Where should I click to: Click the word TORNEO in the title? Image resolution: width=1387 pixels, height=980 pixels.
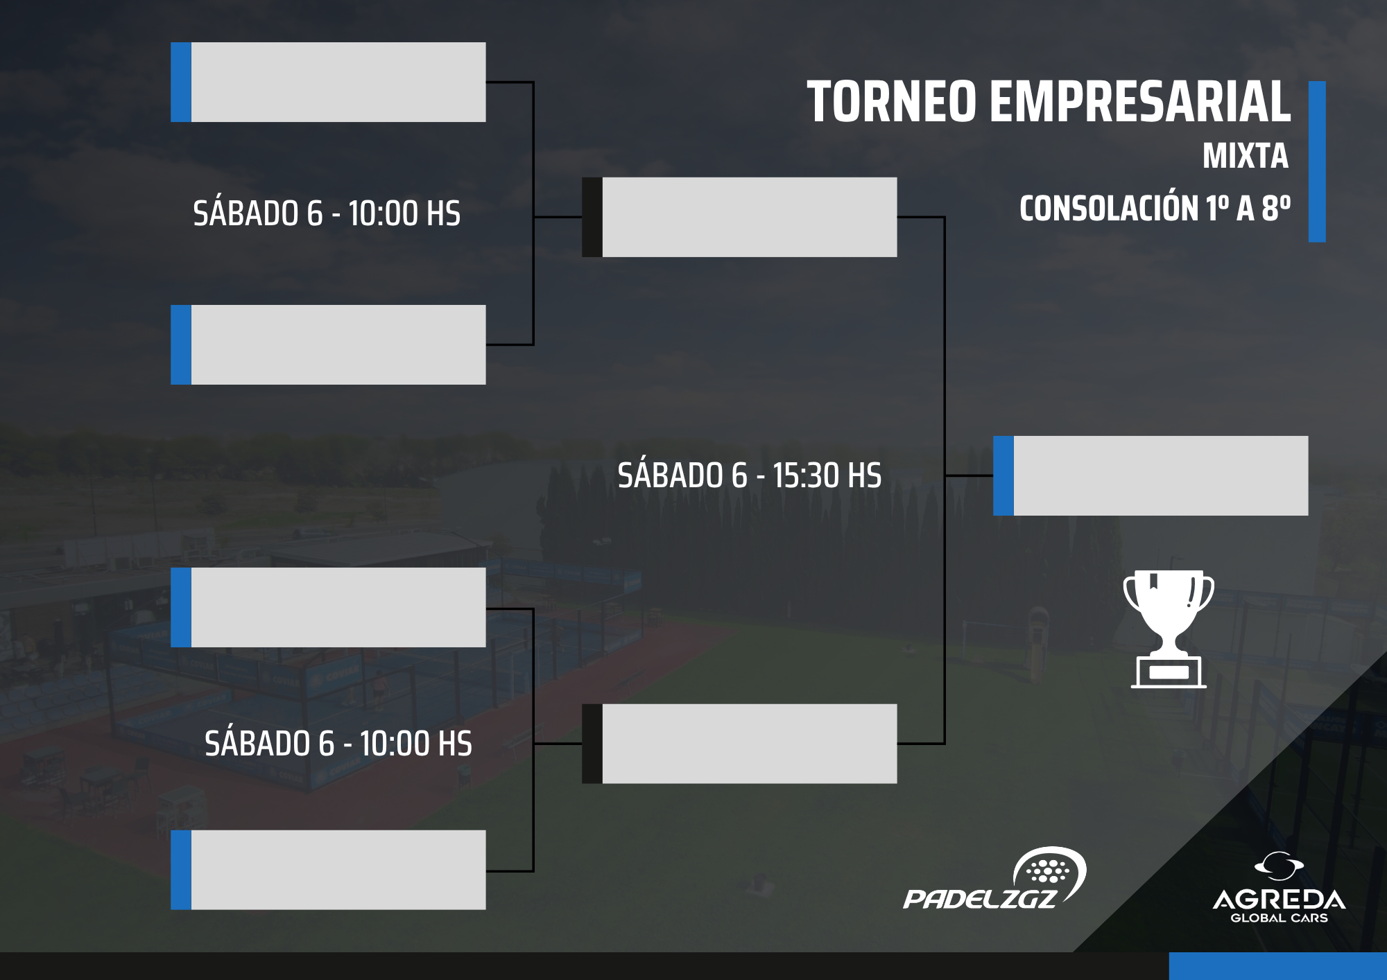[892, 102]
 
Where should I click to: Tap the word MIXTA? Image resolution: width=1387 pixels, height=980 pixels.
[1246, 156]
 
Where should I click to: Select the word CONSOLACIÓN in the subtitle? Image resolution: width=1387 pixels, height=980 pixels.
[1109, 207]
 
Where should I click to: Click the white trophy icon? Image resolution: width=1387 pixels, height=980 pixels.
[1169, 629]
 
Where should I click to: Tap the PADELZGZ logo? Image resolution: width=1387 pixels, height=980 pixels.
[994, 878]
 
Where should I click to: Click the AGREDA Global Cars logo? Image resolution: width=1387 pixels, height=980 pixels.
[1279, 888]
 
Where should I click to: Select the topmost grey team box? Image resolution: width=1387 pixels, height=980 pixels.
[328, 82]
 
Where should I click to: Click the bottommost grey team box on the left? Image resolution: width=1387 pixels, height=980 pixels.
[328, 870]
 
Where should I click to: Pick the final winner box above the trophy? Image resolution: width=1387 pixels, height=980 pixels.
[1151, 475]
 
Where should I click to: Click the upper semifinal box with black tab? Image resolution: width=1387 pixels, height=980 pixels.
[739, 217]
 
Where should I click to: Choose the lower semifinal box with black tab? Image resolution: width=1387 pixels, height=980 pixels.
[739, 744]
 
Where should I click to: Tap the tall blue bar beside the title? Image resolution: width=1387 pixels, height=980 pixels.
[1317, 161]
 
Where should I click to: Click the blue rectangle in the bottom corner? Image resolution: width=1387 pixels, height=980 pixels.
[1278, 966]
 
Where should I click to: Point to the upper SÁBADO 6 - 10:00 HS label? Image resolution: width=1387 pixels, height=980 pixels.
[327, 213]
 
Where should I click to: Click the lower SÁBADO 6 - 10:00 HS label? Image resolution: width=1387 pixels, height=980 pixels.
[338, 744]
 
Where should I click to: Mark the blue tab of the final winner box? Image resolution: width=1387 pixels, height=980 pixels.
[1003, 475]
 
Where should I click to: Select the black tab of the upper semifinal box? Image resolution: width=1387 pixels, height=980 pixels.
[592, 217]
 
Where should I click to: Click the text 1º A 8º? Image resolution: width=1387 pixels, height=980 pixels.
[1248, 207]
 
